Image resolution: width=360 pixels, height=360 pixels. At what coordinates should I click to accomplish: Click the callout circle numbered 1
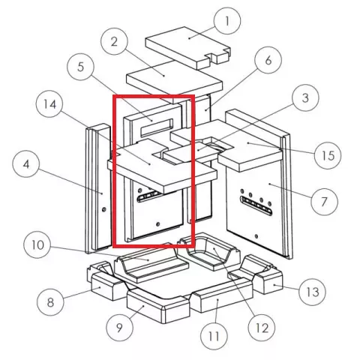227,21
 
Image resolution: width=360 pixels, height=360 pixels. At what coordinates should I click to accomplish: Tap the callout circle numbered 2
114,41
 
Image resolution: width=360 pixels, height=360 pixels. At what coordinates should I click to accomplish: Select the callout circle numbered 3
305,97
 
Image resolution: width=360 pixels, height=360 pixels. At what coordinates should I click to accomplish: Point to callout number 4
26,164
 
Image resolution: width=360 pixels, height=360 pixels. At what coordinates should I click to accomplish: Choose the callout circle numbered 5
81,67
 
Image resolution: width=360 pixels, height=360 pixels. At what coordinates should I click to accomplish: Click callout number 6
268,60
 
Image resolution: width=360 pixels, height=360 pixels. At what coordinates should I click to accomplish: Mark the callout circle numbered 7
324,202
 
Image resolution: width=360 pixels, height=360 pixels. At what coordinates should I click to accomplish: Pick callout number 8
50,302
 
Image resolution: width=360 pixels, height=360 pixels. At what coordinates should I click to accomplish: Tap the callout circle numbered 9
120,328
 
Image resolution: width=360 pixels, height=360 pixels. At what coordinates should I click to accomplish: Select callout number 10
37,244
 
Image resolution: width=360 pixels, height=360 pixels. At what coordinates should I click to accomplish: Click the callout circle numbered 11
214,336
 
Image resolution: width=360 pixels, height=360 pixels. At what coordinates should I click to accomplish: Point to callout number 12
262,328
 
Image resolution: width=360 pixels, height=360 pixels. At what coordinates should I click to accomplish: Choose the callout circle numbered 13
312,292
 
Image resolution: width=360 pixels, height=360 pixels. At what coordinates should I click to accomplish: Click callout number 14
49,104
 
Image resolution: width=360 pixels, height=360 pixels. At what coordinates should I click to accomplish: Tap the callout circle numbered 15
328,155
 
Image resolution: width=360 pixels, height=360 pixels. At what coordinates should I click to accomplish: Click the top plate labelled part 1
188,47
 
